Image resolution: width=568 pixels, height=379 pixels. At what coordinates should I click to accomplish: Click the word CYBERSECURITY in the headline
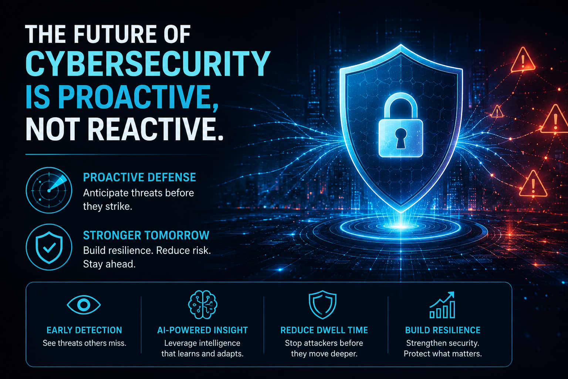click(148, 63)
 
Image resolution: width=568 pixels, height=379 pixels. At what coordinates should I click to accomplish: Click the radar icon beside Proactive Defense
click(49, 190)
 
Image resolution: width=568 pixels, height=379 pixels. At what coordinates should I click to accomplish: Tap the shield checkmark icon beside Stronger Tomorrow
click(49, 247)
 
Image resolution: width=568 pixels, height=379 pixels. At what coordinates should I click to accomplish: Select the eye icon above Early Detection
click(84, 305)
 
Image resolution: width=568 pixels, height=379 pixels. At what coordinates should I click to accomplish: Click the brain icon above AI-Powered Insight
click(203, 304)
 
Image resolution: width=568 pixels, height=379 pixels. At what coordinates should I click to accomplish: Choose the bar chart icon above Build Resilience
click(442, 305)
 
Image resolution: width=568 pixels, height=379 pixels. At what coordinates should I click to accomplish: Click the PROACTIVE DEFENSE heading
click(139, 177)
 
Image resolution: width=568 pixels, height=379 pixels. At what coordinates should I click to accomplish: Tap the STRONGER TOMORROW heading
click(146, 235)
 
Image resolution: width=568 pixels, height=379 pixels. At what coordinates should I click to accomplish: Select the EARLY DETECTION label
click(84, 330)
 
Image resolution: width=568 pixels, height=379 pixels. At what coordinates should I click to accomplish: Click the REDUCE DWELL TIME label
click(324, 330)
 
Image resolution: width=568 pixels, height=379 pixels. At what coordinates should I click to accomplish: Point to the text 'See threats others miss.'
click(84, 343)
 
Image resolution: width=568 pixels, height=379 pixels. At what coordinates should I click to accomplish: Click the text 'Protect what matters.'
click(443, 353)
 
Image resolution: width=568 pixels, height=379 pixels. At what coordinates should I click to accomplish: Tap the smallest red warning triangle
click(497, 112)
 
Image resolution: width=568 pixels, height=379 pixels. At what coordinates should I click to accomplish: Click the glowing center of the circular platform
click(400, 226)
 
